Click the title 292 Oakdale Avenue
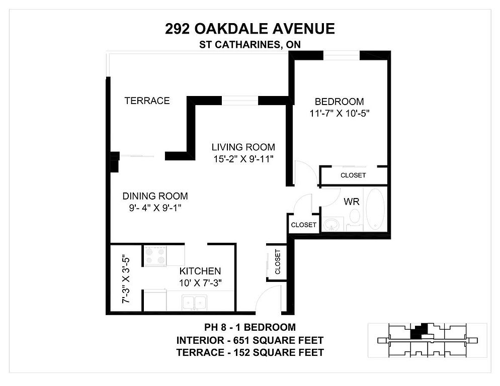point(249,29)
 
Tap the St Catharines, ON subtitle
point(249,45)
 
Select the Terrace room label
point(147,101)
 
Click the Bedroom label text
point(339,102)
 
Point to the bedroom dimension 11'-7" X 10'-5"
point(339,114)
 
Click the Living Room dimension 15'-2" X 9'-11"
point(243,159)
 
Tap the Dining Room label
point(155,196)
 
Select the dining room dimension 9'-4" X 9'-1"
point(155,208)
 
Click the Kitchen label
point(200,271)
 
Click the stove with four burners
point(155,256)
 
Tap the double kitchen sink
point(194,302)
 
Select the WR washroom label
point(352,202)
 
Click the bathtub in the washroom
point(375,209)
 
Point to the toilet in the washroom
point(355,220)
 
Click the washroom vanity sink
point(333,224)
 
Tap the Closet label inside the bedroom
point(353,175)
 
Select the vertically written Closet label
point(278,262)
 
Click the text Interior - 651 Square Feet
point(250,340)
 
